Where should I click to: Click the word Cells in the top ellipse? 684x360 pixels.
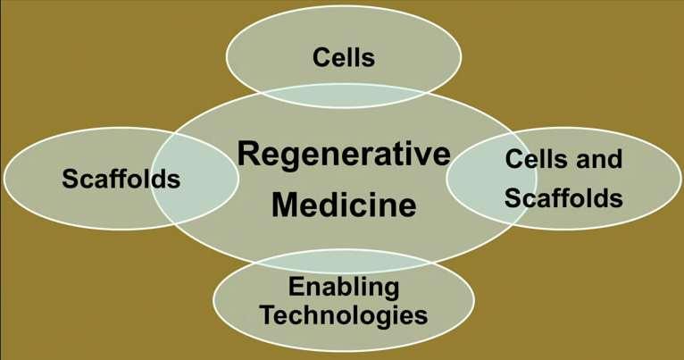(x=343, y=57)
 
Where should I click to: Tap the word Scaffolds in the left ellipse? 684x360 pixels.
(x=121, y=179)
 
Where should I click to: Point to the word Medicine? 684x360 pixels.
(x=344, y=205)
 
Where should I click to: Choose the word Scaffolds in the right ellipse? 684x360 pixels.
(x=563, y=197)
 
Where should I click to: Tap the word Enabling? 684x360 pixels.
(x=344, y=288)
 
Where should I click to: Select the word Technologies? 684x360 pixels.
(x=344, y=315)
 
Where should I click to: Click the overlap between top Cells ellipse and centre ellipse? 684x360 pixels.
(x=343, y=95)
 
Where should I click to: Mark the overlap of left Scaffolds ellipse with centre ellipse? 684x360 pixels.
(x=195, y=179)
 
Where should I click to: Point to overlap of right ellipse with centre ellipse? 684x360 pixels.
(x=492, y=179)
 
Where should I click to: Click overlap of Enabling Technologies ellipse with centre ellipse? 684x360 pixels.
(x=343, y=261)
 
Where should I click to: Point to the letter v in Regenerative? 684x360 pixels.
(x=418, y=157)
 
